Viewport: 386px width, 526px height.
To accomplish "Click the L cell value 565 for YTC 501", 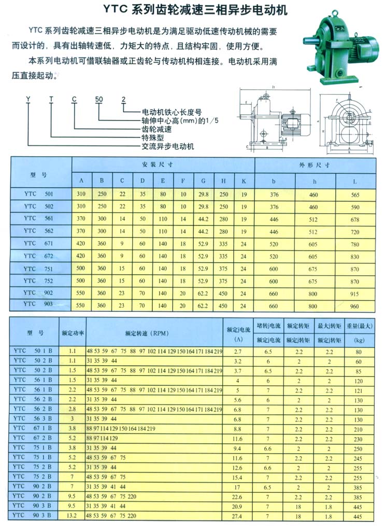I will [x=355, y=194].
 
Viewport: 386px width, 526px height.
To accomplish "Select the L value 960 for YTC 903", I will [x=355, y=306].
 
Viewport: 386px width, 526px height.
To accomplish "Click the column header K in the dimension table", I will [x=244, y=181].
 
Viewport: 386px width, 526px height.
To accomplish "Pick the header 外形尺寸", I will [x=314, y=164].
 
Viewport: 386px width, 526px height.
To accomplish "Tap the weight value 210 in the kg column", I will [x=357, y=429].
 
